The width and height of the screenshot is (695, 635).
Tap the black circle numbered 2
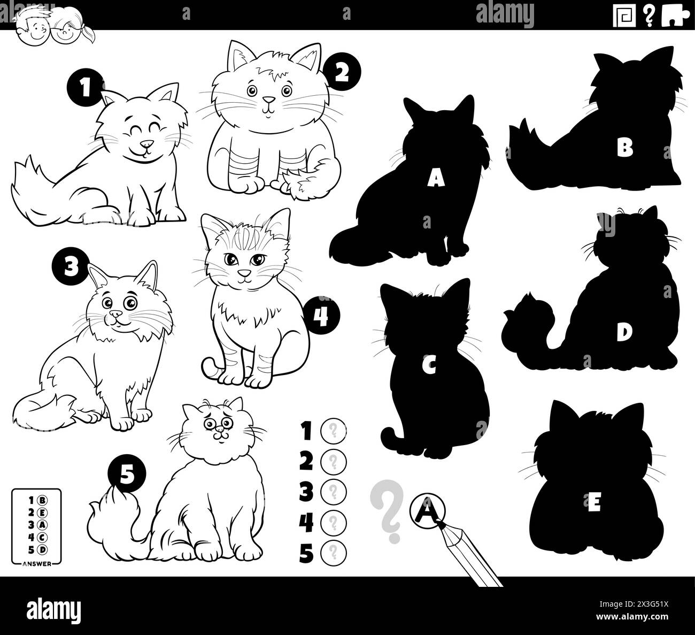point(342,74)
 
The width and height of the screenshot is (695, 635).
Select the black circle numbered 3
point(69,266)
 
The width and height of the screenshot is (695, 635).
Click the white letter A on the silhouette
point(436,180)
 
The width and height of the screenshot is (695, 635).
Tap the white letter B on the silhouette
point(624,148)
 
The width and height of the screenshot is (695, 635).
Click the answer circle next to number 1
point(333,430)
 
